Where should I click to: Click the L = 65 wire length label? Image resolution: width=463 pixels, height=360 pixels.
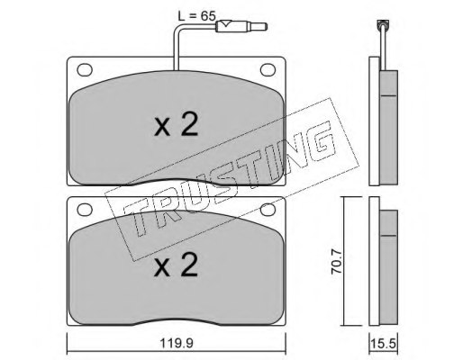click(x=196, y=15)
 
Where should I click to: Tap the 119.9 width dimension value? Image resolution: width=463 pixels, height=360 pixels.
click(x=177, y=343)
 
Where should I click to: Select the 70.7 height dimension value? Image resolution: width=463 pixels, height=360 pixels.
click(x=336, y=262)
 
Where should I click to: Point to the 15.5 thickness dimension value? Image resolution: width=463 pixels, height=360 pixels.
click(x=384, y=343)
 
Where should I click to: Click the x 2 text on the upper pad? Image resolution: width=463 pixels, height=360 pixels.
click(x=177, y=125)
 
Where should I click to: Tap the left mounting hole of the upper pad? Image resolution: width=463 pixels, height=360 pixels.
click(x=85, y=69)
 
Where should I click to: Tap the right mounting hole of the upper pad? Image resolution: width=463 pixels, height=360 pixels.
click(x=268, y=69)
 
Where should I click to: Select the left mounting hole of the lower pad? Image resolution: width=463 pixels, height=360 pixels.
click(x=85, y=210)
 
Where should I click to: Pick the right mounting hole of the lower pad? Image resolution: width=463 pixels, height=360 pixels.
click(x=268, y=210)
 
